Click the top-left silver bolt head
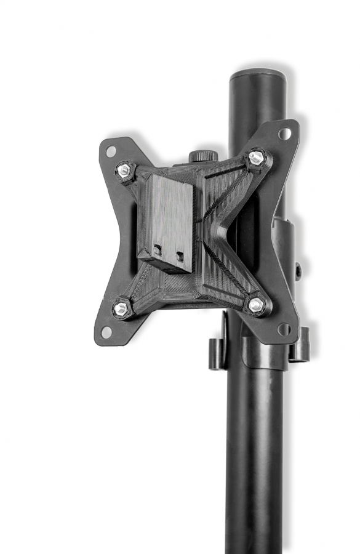[x=124, y=169]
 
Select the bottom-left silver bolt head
[x=121, y=309]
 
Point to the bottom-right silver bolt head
[x=257, y=303]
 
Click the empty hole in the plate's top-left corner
[x=111, y=151]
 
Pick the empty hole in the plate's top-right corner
[x=284, y=133]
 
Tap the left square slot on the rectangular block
[x=158, y=250]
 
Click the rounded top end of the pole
[x=258, y=77]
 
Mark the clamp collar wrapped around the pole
[x=265, y=354]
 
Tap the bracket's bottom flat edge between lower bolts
[x=188, y=302]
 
